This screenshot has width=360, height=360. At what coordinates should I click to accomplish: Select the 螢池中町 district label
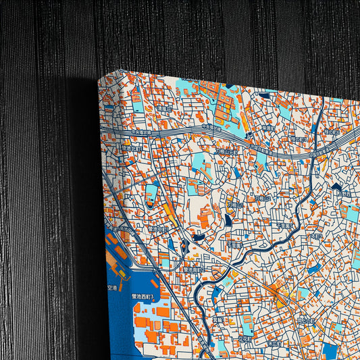[x=157, y=230]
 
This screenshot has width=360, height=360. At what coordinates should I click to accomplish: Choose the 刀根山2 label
[x=260, y=198]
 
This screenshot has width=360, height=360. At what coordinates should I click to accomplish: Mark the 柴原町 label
[x=268, y=126]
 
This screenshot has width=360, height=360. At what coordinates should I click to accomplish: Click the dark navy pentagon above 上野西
[x=336, y=186]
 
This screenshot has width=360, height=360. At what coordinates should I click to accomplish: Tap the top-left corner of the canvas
[x=99, y=79]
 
